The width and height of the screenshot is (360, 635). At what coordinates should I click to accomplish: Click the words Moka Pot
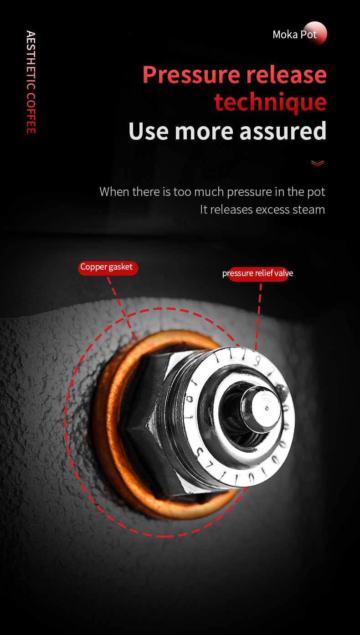[x=294, y=35]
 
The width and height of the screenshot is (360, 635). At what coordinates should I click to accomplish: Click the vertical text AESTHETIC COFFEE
[x=31, y=82]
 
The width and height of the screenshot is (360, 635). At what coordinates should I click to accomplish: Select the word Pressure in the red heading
[x=191, y=75]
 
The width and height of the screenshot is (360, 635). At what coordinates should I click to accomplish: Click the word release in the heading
[x=287, y=74]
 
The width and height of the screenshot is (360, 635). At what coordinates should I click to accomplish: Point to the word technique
[x=270, y=102]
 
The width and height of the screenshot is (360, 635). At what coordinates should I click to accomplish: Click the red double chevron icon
[x=317, y=163]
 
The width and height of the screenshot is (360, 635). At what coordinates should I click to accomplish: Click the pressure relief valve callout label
[x=257, y=274]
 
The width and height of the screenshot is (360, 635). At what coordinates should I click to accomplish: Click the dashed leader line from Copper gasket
[x=121, y=307]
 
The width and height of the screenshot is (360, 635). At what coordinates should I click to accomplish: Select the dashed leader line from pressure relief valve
[x=258, y=316]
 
